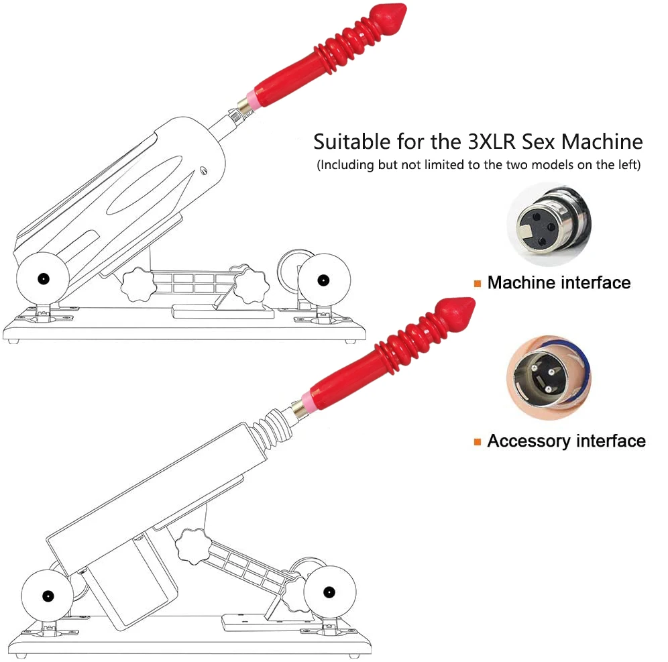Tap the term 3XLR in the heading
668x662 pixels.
480,142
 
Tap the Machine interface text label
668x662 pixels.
559,282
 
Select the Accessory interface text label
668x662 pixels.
566,441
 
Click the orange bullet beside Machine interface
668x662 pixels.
477,283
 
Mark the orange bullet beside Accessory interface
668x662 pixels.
477,441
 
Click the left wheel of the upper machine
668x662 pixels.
43,279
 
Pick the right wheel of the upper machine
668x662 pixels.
323,278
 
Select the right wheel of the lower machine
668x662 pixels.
329,592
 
